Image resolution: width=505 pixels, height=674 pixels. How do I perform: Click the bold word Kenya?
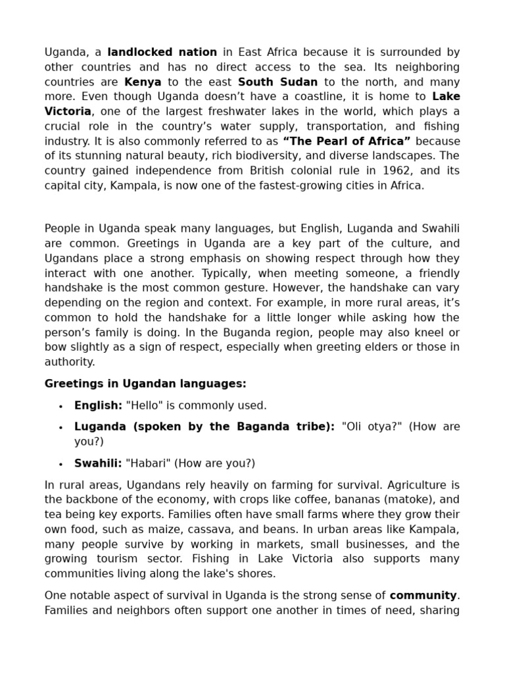pyautogui.click(x=143, y=82)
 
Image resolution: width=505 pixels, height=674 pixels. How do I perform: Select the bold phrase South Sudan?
pyautogui.click(x=277, y=82)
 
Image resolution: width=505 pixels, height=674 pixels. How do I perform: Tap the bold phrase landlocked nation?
pyautogui.click(x=162, y=52)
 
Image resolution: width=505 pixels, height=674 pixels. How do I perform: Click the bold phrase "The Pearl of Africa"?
pyautogui.click(x=346, y=141)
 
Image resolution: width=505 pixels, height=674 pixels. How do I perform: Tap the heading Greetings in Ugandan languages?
pyautogui.click(x=145, y=383)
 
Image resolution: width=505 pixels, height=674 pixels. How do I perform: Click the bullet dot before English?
pyautogui.click(x=60, y=406)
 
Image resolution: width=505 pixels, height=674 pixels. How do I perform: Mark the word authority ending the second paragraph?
pyautogui.click(x=69, y=362)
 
